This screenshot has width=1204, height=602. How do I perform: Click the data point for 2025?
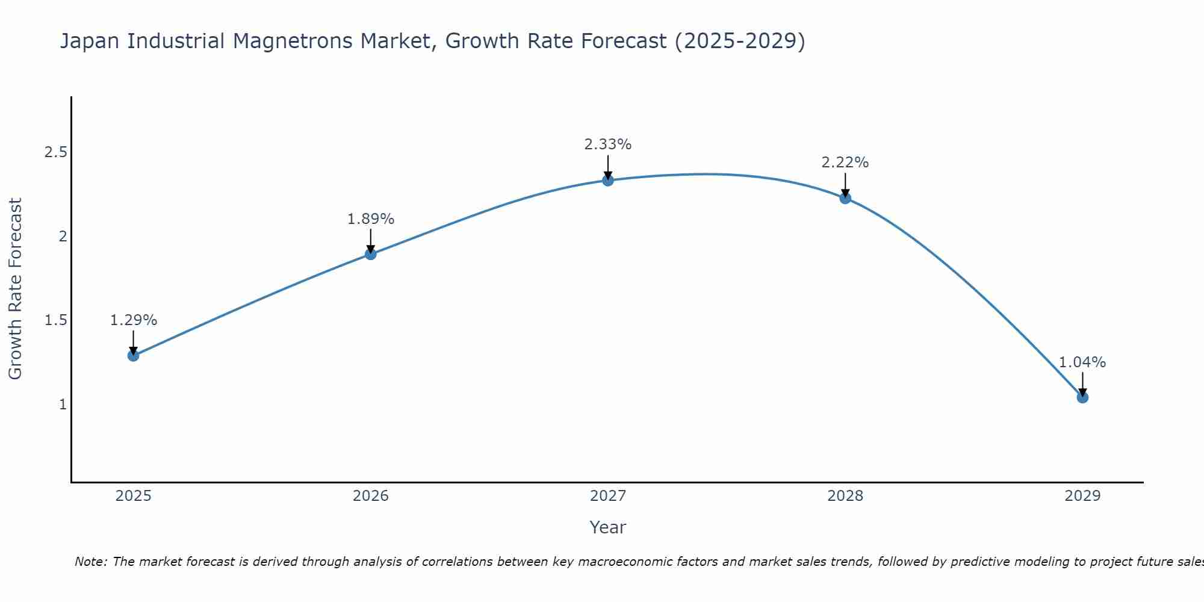pyautogui.click(x=134, y=356)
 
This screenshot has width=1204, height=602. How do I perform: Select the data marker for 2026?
pyautogui.click(x=371, y=254)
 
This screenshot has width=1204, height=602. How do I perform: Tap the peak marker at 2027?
pyautogui.click(x=608, y=180)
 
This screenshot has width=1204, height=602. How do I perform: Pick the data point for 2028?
pyautogui.click(x=845, y=198)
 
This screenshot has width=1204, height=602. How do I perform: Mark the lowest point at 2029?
pyautogui.click(x=1082, y=397)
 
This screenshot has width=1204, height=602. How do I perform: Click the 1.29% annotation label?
pyautogui.click(x=134, y=320)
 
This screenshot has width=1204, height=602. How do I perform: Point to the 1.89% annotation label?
pyautogui.click(x=371, y=219)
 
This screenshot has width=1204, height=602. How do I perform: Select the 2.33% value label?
pyautogui.click(x=608, y=144)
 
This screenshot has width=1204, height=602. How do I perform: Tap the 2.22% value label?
pyautogui.click(x=845, y=163)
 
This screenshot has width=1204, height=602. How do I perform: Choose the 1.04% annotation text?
pyautogui.click(x=1082, y=362)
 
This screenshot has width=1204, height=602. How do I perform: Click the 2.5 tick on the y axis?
pyautogui.click(x=55, y=152)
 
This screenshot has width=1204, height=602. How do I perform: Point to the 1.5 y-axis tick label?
pyautogui.click(x=55, y=320)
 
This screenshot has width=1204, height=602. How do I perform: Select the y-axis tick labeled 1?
pyautogui.click(x=63, y=405)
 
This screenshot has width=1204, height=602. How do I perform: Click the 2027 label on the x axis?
pyautogui.click(x=608, y=496)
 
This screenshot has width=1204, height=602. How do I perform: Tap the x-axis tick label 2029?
pyautogui.click(x=1082, y=496)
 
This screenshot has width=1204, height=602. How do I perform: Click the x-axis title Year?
pyautogui.click(x=608, y=527)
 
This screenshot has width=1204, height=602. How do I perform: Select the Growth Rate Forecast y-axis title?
pyautogui.click(x=16, y=289)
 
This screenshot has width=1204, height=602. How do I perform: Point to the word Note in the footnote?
pyautogui.click(x=90, y=562)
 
